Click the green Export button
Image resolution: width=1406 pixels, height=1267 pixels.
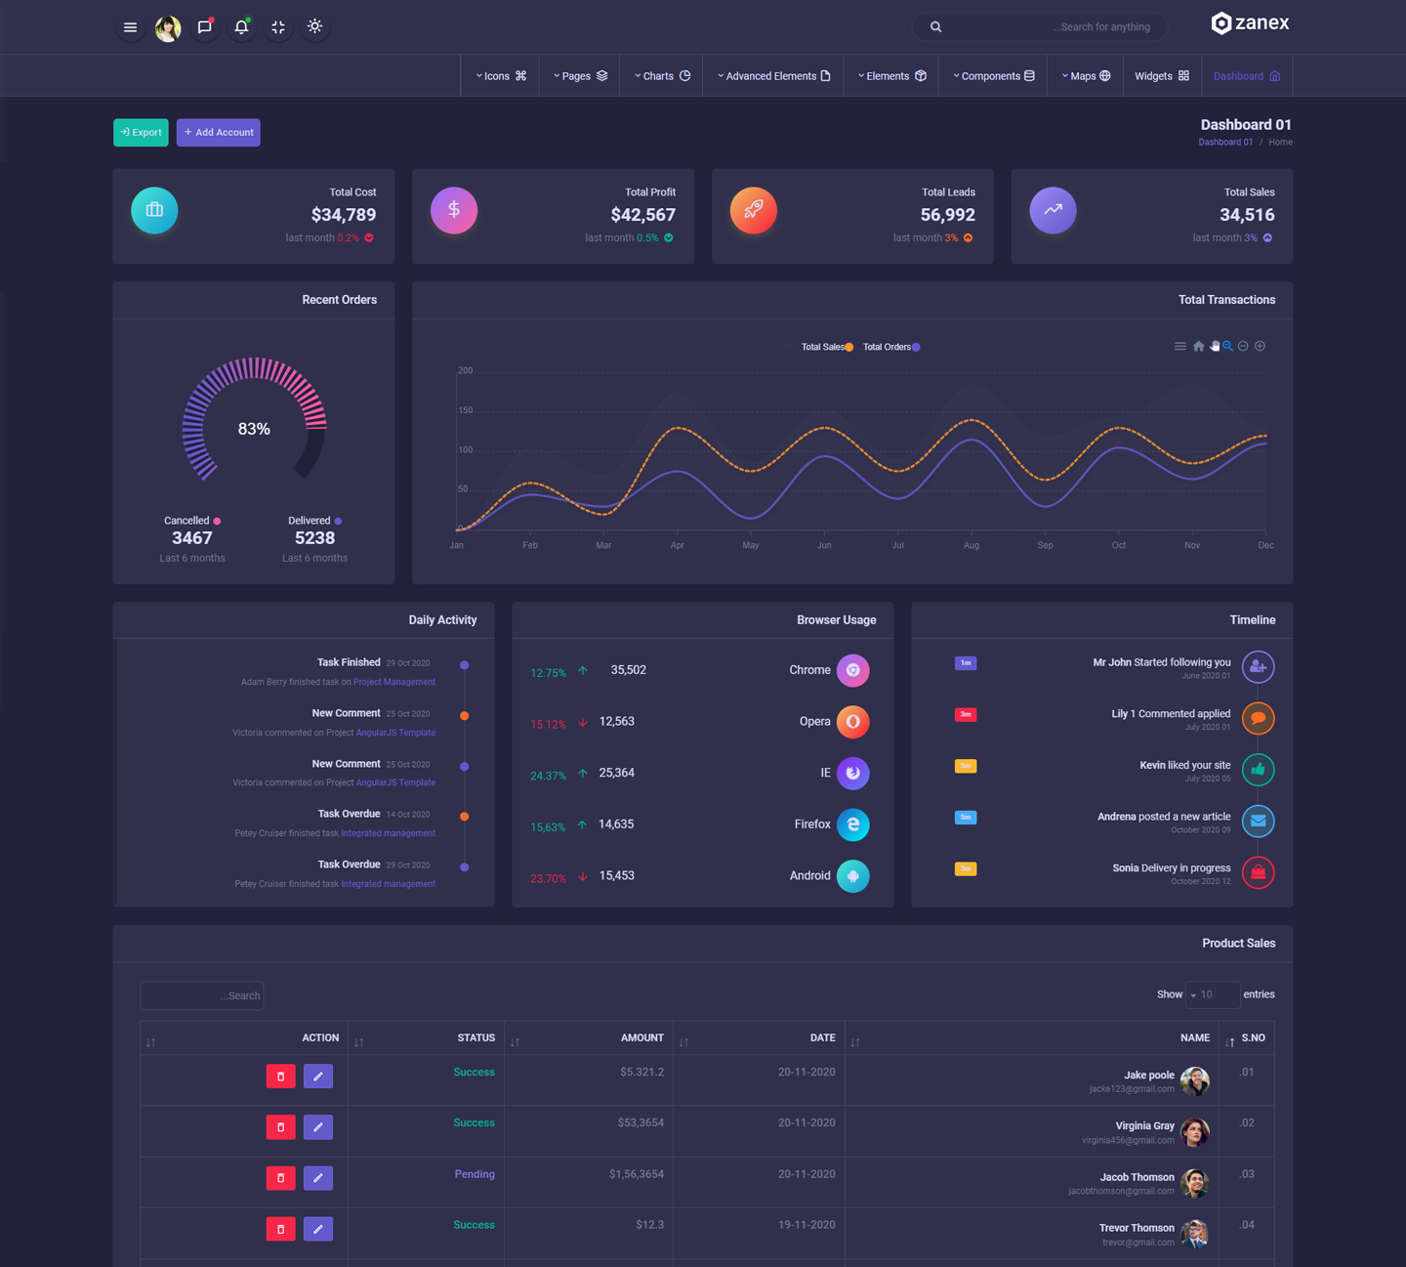tap(141, 132)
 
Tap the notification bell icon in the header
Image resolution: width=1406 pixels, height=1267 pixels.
tap(241, 27)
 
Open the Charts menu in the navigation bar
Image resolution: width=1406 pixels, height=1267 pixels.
tap(662, 76)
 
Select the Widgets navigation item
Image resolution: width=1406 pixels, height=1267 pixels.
tap(1161, 76)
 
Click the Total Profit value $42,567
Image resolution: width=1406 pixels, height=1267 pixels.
tap(642, 215)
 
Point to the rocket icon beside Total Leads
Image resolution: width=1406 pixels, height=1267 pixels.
tap(753, 210)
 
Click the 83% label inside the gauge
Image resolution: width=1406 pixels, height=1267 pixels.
tap(254, 429)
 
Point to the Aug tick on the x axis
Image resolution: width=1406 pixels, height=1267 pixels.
tap(971, 545)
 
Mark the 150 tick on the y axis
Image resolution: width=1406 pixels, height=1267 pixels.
tap(466, 410)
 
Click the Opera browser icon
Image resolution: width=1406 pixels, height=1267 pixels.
tap(852, 722)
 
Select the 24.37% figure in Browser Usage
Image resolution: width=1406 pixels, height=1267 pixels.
tap(548, 776)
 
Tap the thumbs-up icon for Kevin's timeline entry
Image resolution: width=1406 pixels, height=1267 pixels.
tap(1258, 770)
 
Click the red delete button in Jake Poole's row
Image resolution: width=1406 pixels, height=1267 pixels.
tap(280, 1077)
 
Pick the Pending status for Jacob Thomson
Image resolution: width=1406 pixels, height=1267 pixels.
tap(475, 1174)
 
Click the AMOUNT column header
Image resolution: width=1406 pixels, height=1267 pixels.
tap(641, 1037)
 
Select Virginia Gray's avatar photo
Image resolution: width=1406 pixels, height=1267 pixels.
tap(1194, 1132)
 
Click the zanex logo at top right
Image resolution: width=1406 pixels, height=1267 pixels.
tap(1250, 23)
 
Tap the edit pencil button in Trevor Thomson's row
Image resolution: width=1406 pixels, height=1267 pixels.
tap(317, 1229)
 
